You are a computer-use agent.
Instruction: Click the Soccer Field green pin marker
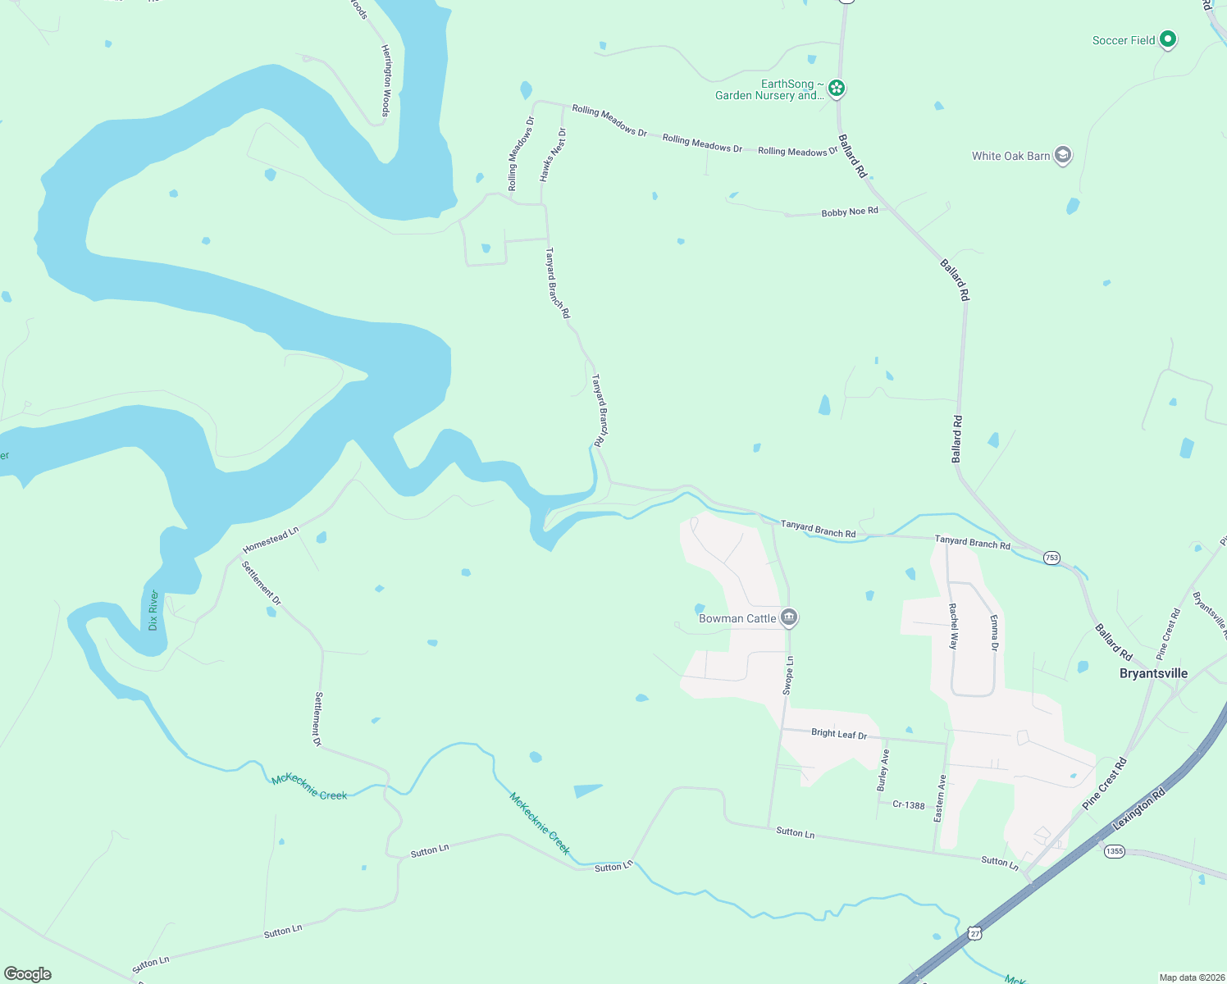1168,39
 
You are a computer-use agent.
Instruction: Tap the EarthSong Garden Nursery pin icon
836,88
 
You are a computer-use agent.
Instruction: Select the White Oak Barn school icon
1062,155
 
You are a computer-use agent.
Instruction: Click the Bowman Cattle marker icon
789,617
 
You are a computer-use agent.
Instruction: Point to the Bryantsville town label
1153,673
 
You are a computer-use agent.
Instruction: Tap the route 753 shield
1051,558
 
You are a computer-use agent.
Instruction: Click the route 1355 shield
1114,851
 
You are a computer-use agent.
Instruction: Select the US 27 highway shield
974,933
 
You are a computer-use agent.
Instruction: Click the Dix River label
153,610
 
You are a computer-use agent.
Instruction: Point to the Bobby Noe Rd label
850,212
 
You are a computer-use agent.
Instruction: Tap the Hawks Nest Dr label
553,155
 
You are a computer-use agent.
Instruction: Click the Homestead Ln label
271,540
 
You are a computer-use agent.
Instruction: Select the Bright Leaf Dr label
838,733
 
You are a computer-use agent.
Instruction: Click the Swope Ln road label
788,676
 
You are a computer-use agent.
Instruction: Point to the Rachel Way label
953,626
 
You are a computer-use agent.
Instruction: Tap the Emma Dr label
994,633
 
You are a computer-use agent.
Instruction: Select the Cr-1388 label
909,804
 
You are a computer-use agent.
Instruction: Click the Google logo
28,973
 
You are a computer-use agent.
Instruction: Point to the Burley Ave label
883,769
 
